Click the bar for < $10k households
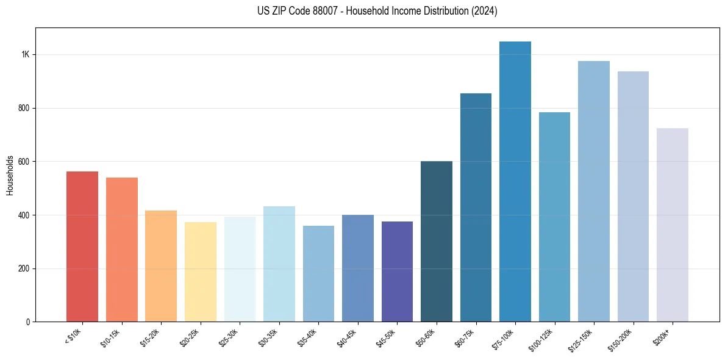tap(82, 247)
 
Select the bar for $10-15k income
tap(121, 250)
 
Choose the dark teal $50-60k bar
tap(437, 242)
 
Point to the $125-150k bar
tap(594, 192)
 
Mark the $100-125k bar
tap(554, 217)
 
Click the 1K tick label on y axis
tap(25, 55)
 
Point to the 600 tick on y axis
tap(24, 162)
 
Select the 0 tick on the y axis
tap(28, 322)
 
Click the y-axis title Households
tap(10, 175)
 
